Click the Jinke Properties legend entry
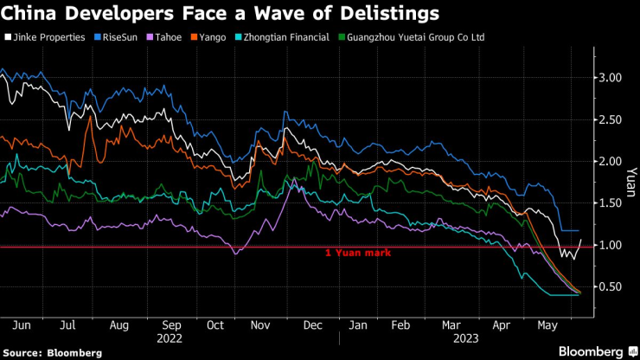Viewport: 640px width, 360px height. (x=48, y=38)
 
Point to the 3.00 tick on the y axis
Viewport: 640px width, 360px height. (x=611, y=78)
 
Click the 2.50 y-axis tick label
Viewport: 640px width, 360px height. (x=611, y=119)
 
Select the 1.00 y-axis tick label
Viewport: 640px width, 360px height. (x=611, y=246)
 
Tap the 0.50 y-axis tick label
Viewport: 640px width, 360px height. (x=611, y=287)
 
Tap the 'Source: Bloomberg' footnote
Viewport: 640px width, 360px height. (x=52, y=352)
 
